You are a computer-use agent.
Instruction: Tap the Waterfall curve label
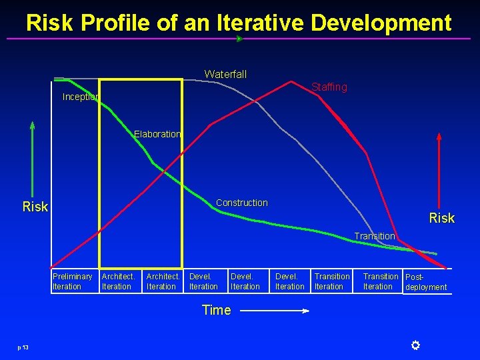(225, 74)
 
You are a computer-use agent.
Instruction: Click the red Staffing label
(329, 87)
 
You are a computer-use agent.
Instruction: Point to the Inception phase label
(81, 97)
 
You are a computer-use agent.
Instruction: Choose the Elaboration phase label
(157, 134)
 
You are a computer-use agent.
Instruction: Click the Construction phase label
(242, 203)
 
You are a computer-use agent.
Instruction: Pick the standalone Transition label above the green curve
(375, 236)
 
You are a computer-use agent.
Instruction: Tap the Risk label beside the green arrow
(35, 207)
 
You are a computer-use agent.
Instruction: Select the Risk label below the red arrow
(442, 218)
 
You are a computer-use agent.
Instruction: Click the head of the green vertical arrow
(32, 125)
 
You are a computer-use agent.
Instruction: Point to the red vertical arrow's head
(439, 137)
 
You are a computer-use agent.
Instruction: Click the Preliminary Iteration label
(72, 281)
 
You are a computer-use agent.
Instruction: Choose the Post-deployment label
(426, 282)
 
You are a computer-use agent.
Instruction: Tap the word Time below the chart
(217, 310)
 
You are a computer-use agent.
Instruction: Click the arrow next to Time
(275, 311)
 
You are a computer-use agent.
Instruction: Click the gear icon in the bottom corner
(415, 345)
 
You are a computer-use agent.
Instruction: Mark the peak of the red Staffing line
(291, 81)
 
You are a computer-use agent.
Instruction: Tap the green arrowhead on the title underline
(240, 39)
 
